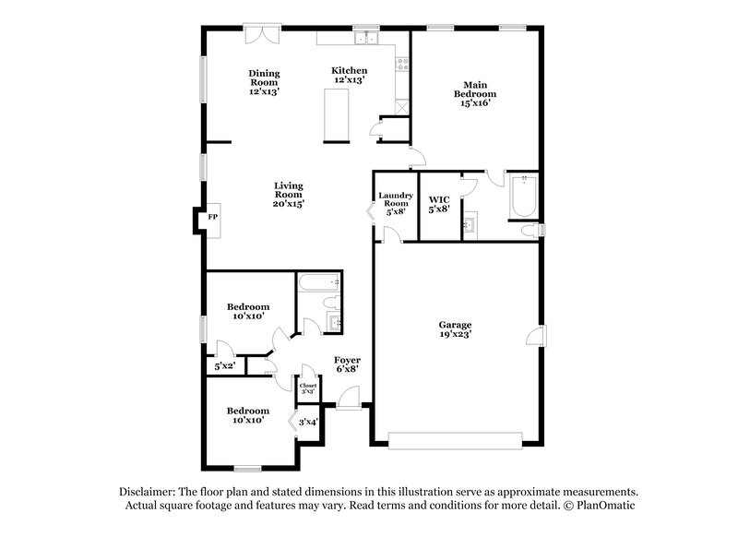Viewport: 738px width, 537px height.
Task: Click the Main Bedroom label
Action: [x=474, y=93]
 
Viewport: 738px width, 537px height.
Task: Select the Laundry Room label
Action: [x=396, y=203]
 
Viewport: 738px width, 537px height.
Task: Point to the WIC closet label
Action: [x=439, y=203]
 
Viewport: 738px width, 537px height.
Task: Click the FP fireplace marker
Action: [x=212, y=217]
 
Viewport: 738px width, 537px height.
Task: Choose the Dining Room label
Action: [x=263, y=82]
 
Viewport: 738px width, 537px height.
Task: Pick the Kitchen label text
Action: [x=350, y=75]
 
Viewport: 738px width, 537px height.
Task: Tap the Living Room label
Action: [x=288, y=195]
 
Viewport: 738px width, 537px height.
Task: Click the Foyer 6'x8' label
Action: [x=347, y=364]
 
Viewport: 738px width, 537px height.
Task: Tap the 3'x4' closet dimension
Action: [x=308, y=423]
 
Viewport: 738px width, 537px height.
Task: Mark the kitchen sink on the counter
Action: [x=368, y=39]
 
